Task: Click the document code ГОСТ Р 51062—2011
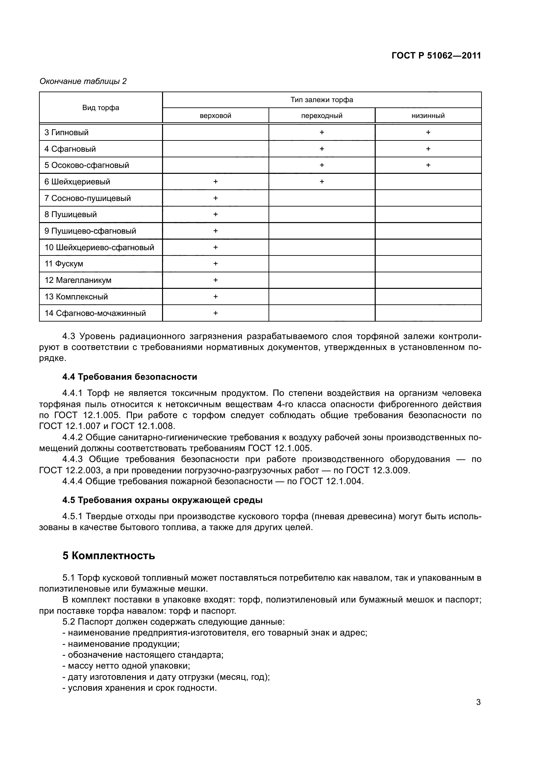pyautogui.click(x=436, y=56)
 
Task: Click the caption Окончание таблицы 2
pyautogui.click(x=83, y=82)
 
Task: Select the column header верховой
pyautogui.click(x=215, y=116)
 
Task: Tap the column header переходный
pyautogui.click(x=322, y=116)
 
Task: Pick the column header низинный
pyautogui.click(x=428, y=116)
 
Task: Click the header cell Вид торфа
pyautogui.click(x=101, y=108)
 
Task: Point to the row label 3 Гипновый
pyautogui.click(x=66, y=133)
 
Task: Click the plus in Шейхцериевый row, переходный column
pyautogui.click(x=322, y=182)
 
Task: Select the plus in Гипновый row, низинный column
pyautogui.click(x=428, y=132)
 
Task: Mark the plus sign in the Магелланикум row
pyautogui.click(x=216, y=280)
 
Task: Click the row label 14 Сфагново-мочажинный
pyautogui.click(x=95, y=313)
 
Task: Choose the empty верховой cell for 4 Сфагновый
pyautogui.click(x=215, y=149)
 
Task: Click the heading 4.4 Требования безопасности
pyautogui.click(x=130, y=377)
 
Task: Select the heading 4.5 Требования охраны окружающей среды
pyautogui.click(x=162, y=500)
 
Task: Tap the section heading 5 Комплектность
pyautogui.click(x=108, y=556)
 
